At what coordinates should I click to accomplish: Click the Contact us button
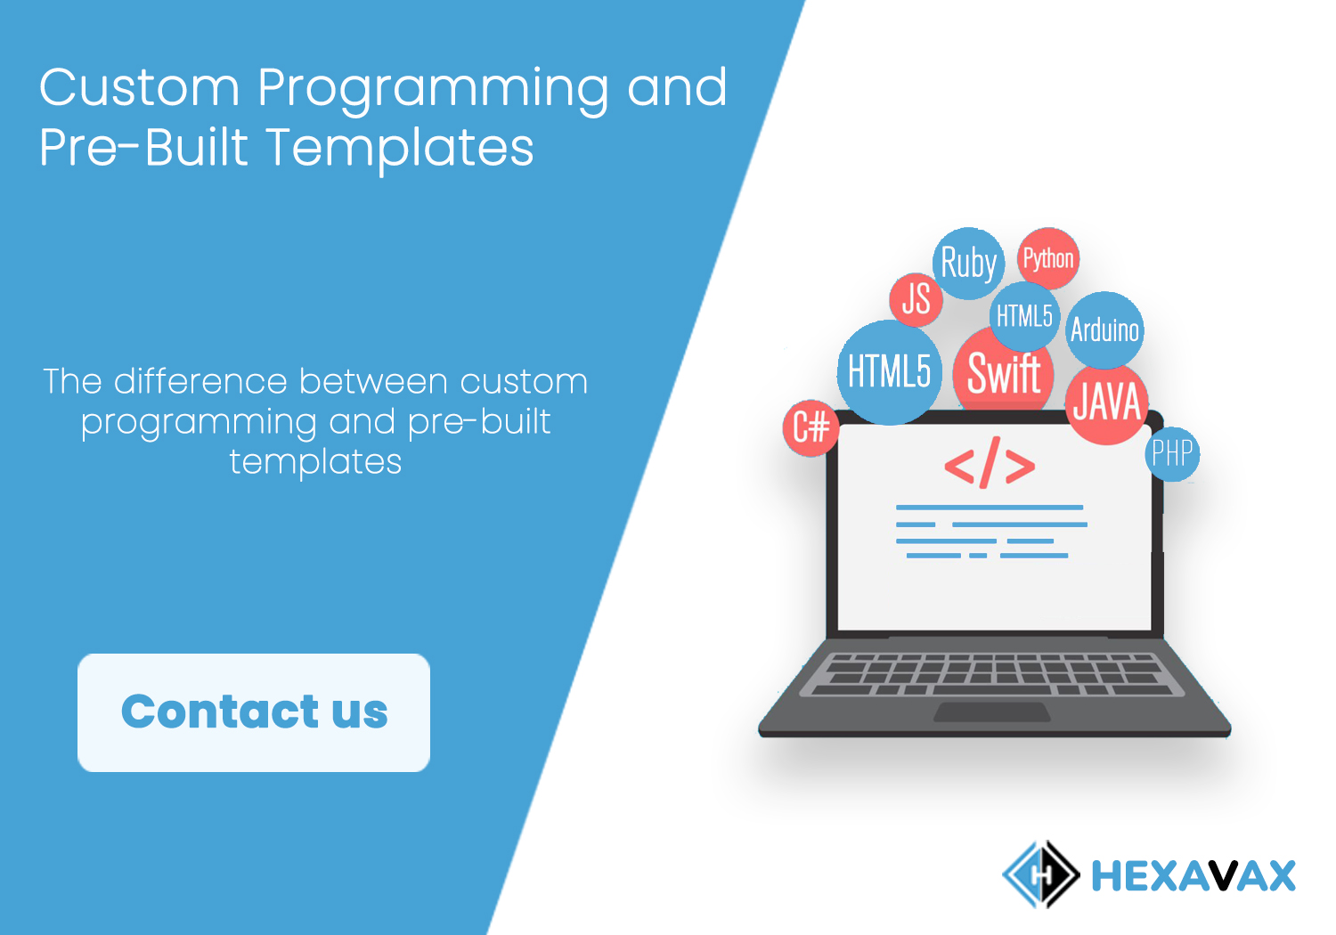[254, 712]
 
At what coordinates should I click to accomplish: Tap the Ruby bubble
[968, 263]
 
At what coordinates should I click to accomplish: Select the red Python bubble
[1048, 258]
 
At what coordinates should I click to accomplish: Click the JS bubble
[916, 299]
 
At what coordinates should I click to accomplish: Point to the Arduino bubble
[1104, 329]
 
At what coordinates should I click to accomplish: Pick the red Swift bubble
[1004, 373]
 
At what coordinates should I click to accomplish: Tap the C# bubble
[811, 427]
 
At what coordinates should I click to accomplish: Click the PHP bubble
[1172, 454]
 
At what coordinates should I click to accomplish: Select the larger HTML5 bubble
[889, 372]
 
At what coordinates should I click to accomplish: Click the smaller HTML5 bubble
[1024, 316]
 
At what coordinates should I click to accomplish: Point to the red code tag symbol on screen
[990, 463]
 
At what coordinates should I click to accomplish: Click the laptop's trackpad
[991, 712]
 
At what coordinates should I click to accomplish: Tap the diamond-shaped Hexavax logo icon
[1041, 874]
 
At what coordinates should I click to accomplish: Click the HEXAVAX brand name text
[1193, 875]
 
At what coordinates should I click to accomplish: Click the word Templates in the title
[399, 149]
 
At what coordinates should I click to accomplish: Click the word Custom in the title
[139, 87]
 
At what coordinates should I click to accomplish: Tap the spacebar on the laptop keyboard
[991, 690]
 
